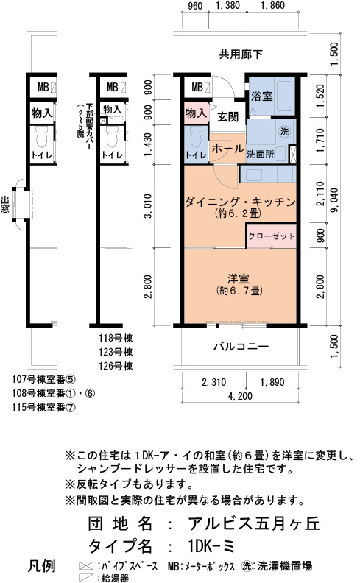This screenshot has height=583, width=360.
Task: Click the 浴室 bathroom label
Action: tap(262, 96)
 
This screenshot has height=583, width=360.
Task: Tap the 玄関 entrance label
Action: tap(227, 117)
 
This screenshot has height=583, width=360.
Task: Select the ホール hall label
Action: tap(227, 149)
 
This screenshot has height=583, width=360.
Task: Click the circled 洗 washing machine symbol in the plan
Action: tap(284, 131)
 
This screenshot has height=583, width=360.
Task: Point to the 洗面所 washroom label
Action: tap(261, 154)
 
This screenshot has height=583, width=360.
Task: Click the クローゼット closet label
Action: tap(272, 236)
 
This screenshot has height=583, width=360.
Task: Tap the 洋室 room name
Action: tap(239, 278)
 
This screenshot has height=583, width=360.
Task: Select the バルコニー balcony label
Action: tap(241, 347)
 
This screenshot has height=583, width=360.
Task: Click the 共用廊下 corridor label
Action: tap(241, 54)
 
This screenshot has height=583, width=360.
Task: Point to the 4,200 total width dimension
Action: tap(240, 396)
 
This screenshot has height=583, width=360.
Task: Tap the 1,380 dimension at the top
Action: tap(227, 5)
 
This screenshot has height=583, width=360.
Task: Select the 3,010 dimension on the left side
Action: tap(149, 205)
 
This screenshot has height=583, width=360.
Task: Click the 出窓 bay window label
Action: tap(5, 205)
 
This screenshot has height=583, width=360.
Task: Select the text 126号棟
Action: tap(116, 366)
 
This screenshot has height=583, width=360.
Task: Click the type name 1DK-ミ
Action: tap(211, 546)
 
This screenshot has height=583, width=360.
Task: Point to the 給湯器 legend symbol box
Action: tap(86, 578)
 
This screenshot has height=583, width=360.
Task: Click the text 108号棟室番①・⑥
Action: tap(54, 393)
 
